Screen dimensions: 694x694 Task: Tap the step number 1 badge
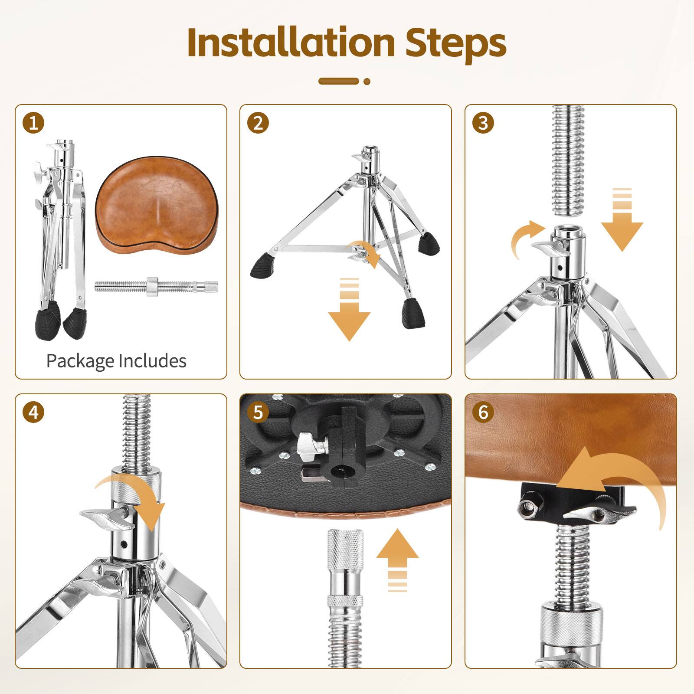(33, 123)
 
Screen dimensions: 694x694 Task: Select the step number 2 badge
(258, 123)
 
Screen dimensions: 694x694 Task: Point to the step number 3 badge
(483, 123)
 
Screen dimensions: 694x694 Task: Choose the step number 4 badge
(33, 412)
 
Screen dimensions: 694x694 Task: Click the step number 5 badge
(258, 412)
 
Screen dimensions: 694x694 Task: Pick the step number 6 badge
(483, 412)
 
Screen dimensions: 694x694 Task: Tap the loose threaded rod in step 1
(156, 286)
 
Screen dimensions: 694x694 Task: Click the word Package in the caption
(80, 361)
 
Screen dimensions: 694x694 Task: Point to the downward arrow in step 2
(349, 310)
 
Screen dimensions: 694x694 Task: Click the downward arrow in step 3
(622, 220)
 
